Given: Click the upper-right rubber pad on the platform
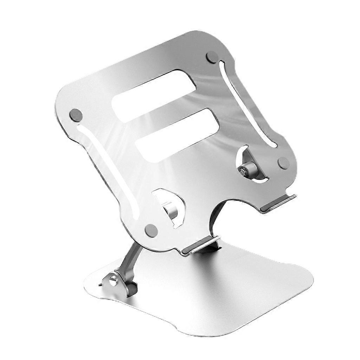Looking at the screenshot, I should click(x=212, y=57).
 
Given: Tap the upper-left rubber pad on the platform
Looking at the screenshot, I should click(x=76, y=115).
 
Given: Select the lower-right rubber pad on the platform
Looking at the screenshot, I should click(x=283, y=162).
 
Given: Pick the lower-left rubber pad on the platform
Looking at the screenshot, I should click(x=151, y=230).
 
